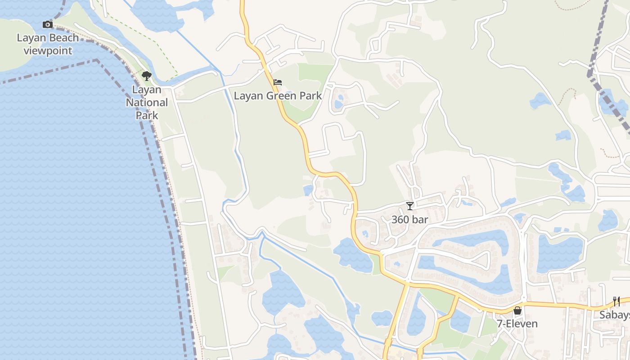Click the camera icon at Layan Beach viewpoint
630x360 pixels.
[48, 24]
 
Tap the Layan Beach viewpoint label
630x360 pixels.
[48, 44]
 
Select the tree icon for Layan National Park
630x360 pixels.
[146, 76]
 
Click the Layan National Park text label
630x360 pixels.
[147, 103]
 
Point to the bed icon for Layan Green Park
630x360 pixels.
[278, 82]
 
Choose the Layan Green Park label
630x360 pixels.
[278, 96]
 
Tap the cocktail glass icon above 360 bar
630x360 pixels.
[409, 206]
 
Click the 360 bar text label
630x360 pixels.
[409, 220]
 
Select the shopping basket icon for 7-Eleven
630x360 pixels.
[517, 310]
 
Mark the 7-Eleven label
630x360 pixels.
[517, 324]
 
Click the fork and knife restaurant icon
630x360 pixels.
[616, 301]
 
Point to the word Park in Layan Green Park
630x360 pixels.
[311, 96]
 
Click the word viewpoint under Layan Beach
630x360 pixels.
[48, 51]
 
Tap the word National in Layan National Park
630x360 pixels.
[147, 103]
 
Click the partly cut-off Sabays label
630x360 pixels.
[615, 315]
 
